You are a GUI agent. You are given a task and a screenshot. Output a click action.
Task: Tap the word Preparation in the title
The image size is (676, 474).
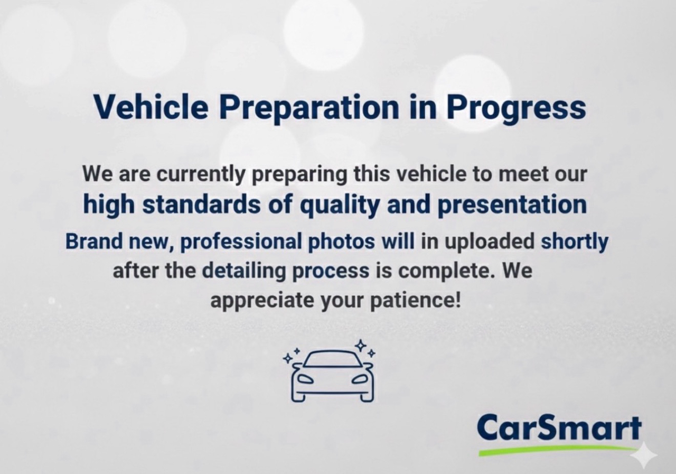pos(308,107)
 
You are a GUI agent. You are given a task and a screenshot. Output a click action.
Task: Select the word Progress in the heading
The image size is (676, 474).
pos(515,107)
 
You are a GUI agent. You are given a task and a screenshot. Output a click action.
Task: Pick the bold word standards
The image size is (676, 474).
pos(209,205)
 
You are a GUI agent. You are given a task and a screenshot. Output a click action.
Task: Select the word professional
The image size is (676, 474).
pos(245,242)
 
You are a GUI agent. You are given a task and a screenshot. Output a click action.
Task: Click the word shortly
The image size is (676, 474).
pos(574,242)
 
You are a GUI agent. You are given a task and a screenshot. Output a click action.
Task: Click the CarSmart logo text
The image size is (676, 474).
pos(559,429)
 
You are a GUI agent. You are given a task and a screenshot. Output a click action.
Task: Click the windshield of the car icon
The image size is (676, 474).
pos(333,360)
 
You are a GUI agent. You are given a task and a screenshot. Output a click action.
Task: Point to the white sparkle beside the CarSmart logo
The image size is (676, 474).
pos(644,456)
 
